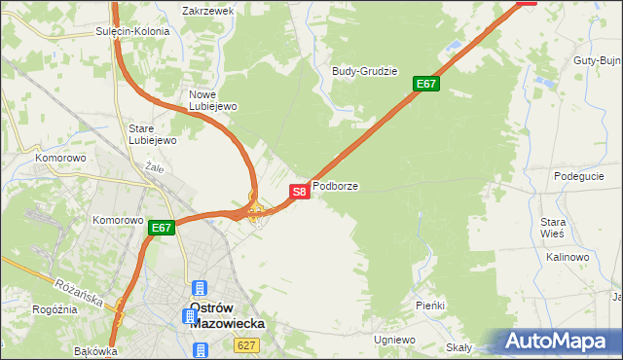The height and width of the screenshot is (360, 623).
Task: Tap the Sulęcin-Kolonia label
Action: (x=132, y=31)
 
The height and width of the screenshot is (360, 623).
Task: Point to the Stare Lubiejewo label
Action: (x=153, y=134)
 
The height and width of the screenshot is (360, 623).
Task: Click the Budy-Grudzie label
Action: (x=365, y=71)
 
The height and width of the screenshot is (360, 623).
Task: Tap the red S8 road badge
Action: (x=300, y=192)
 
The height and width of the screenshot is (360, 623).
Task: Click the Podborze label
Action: (x=335, y=185)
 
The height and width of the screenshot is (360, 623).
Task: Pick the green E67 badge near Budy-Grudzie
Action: (x=426, y=84)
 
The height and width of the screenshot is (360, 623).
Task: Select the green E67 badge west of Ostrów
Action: (x=162, y=229)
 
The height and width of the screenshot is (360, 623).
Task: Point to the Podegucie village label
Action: (x=579, y=176)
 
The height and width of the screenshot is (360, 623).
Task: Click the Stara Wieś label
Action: (x=553, y=229)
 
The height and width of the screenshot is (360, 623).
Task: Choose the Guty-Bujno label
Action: (x=598, y=60)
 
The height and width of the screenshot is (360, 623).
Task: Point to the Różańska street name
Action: (x=80, y=290)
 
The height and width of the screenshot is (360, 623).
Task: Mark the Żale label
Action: (x=153, y=167)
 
